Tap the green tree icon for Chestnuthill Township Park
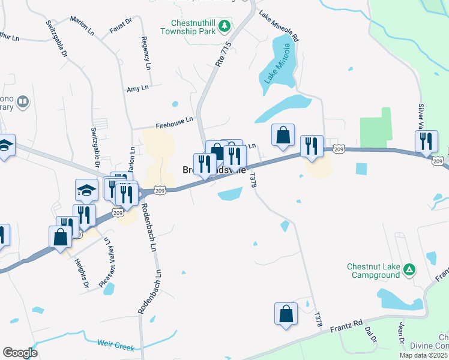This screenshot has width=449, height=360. [x=224, y=26]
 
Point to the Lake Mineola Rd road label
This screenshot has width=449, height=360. [x=279, y=25]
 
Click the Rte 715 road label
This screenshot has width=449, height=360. [x=223, y=54]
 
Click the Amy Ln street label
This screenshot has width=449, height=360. [x=137, y=89]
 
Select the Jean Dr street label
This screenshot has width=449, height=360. [x=401, y=334]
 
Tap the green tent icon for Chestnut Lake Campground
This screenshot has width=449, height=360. [x=409, y=270]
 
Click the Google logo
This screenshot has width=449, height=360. [x=20, y=353]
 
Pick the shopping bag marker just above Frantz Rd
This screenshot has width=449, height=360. [x=286, y=313]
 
